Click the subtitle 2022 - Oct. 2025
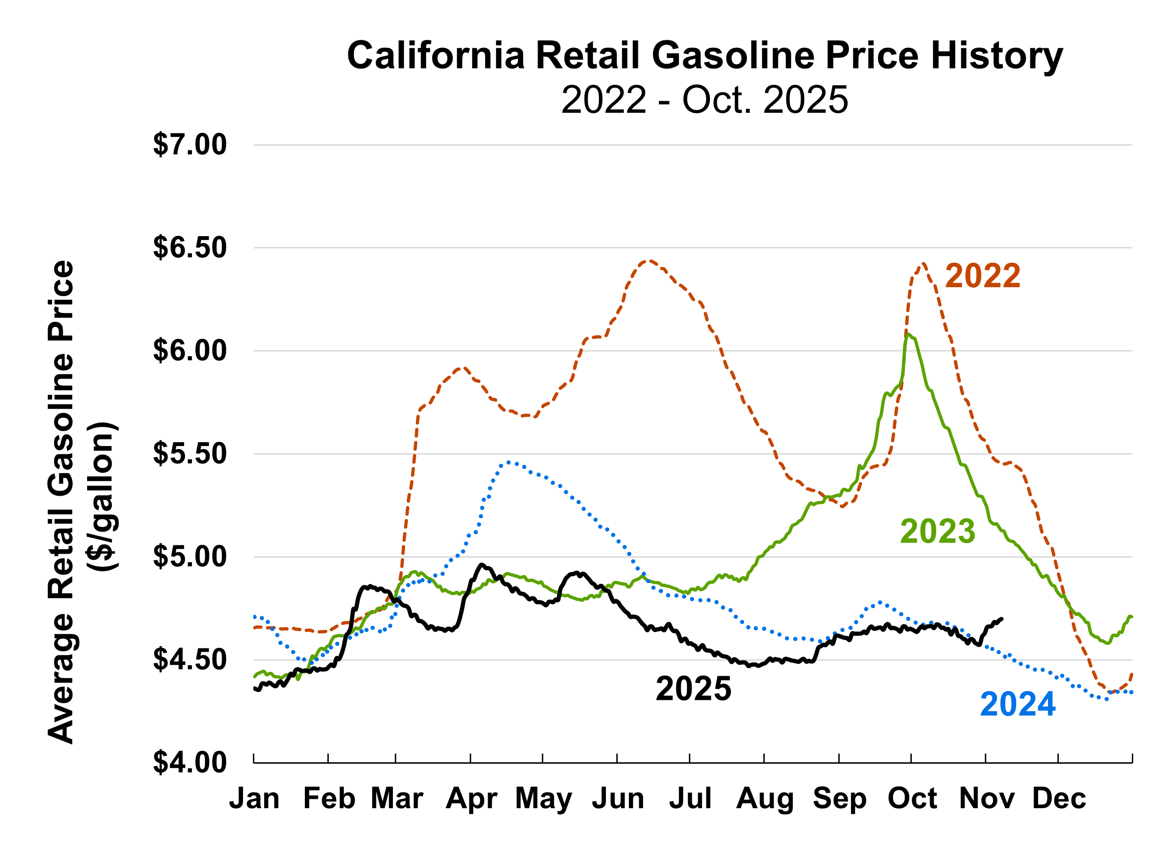[705, 100]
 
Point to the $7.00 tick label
[190, 145]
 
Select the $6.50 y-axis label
[190, 248]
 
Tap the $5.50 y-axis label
[190, 454]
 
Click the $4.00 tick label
[190, 763]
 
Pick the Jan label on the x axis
[254, 798]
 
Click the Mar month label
[397, 798]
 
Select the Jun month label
[618, 798]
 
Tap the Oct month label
[912, 798]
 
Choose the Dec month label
[1059, 798]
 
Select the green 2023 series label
[938, 532]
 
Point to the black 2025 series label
[694, 689]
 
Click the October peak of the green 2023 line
[907, 335]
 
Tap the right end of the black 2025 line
[1002, 618]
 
